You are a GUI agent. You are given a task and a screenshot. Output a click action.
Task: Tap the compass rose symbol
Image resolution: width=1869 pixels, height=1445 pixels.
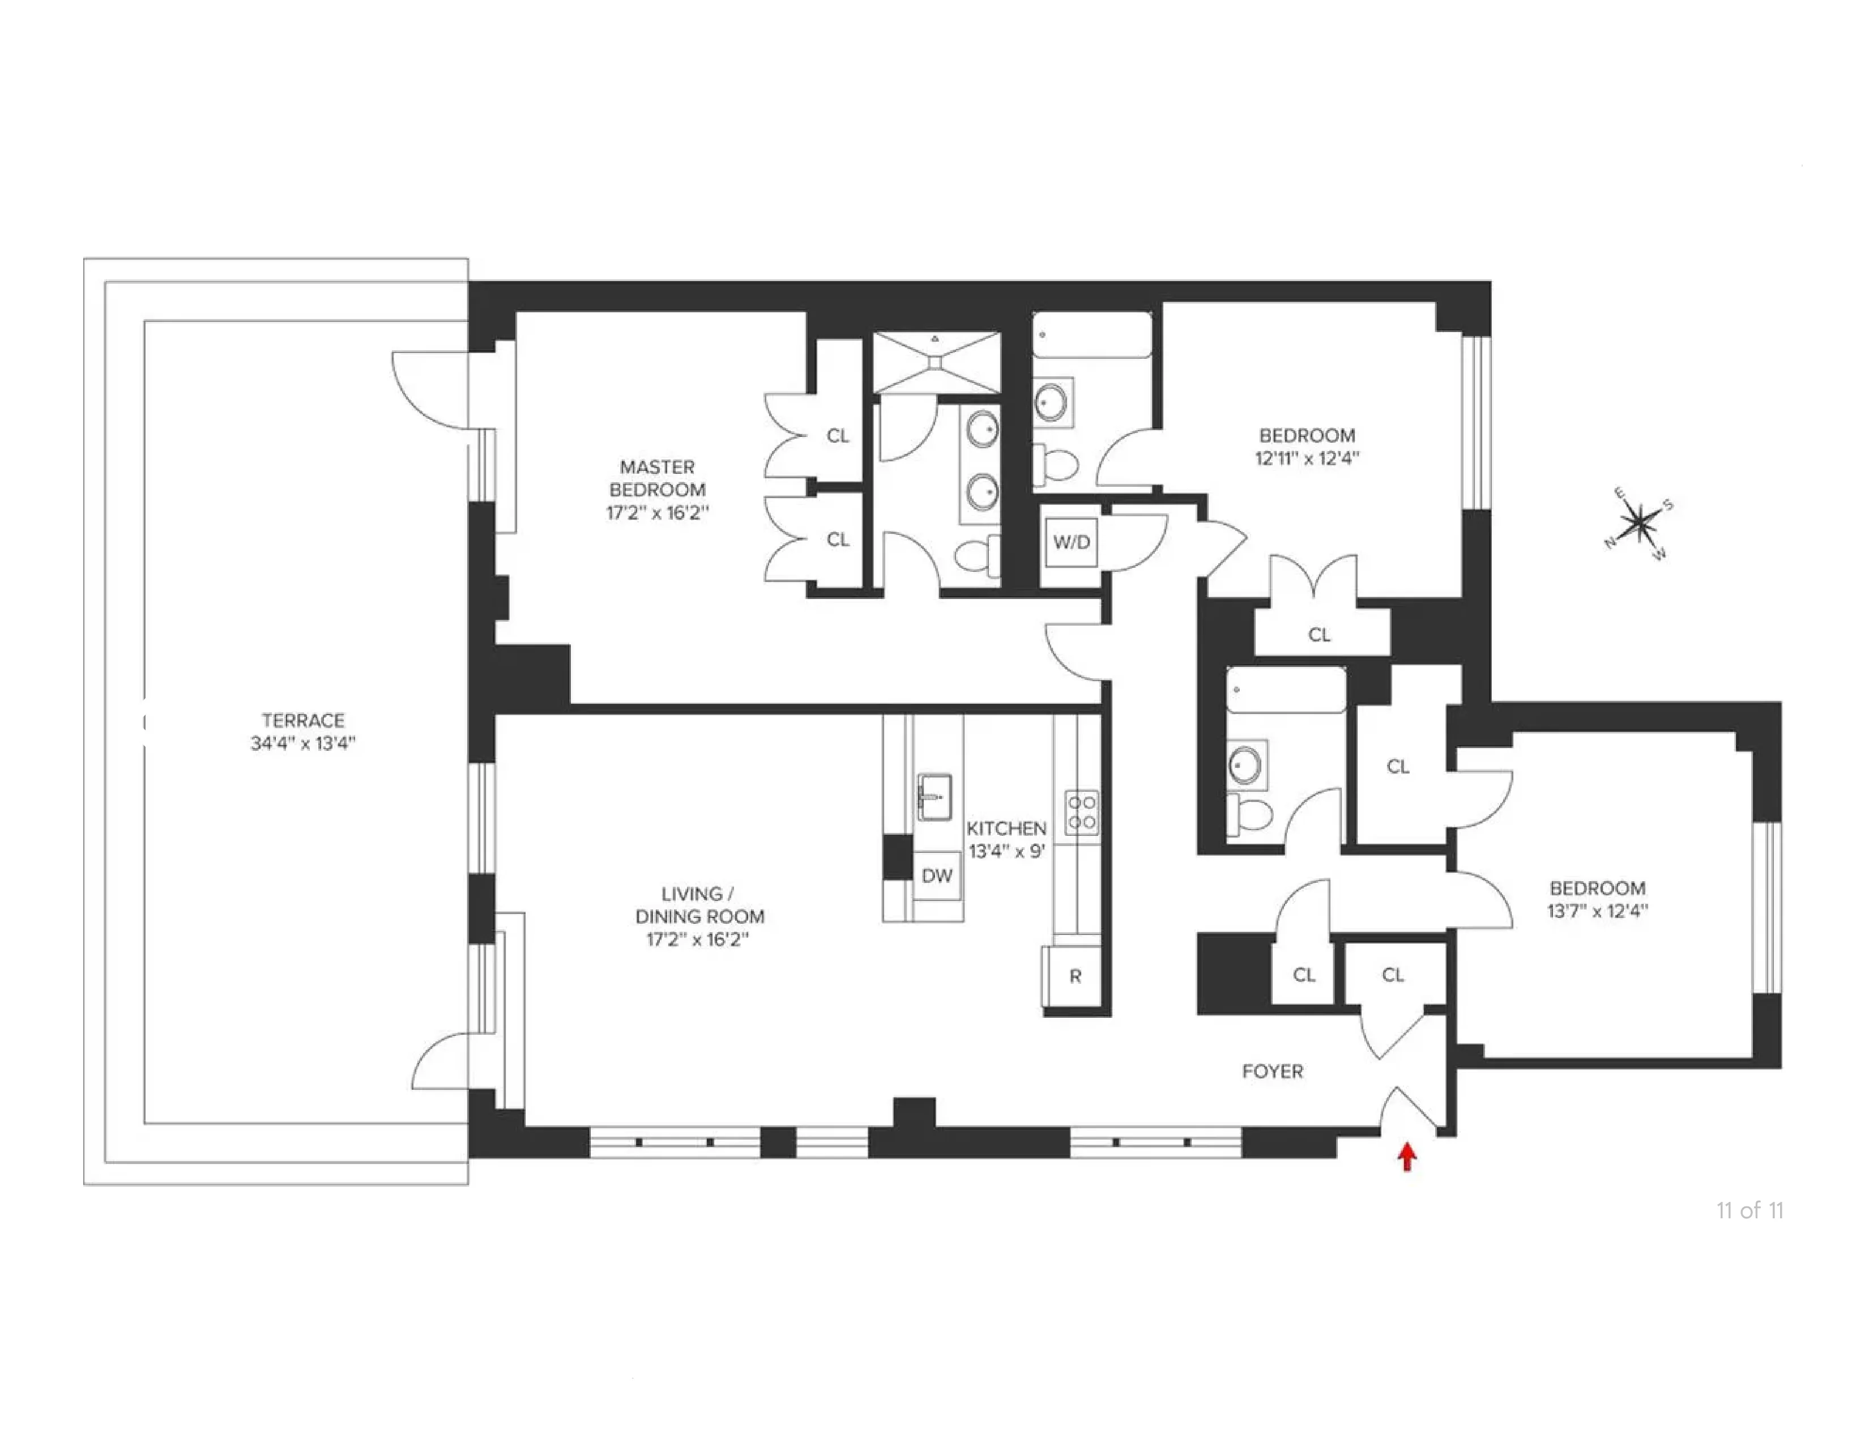tap(1638, 523)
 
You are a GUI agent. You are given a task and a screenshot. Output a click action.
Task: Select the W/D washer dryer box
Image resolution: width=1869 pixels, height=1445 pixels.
tap(1072, 542)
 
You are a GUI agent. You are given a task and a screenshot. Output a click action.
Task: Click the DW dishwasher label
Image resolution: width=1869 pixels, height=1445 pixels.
tap(937, 875)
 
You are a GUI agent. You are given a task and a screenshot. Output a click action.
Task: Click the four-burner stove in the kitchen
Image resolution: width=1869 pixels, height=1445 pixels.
tap(1082, 811)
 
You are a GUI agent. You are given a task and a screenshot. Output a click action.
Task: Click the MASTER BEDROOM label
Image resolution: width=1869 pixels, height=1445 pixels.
tap(657, 478)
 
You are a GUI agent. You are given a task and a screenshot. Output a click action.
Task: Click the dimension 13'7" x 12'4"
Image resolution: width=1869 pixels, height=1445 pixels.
tap(1597, 911)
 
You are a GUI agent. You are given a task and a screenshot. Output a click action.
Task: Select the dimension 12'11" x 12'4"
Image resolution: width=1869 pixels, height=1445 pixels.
tap(1307, 458)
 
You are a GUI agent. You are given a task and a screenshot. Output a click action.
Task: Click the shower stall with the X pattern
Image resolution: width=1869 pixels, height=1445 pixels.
tap(936, 362)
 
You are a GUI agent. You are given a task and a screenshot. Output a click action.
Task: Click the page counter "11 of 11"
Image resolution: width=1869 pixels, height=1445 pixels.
tap(1749, 1210)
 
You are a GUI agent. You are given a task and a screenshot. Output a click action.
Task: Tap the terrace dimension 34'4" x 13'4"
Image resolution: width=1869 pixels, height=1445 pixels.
tap(303, 743)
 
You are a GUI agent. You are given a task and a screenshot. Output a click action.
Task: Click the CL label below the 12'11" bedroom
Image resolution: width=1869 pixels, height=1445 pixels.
tap(1318, 634)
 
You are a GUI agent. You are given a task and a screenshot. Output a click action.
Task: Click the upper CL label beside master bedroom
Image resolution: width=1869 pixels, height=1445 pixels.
tap(837, 436)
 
